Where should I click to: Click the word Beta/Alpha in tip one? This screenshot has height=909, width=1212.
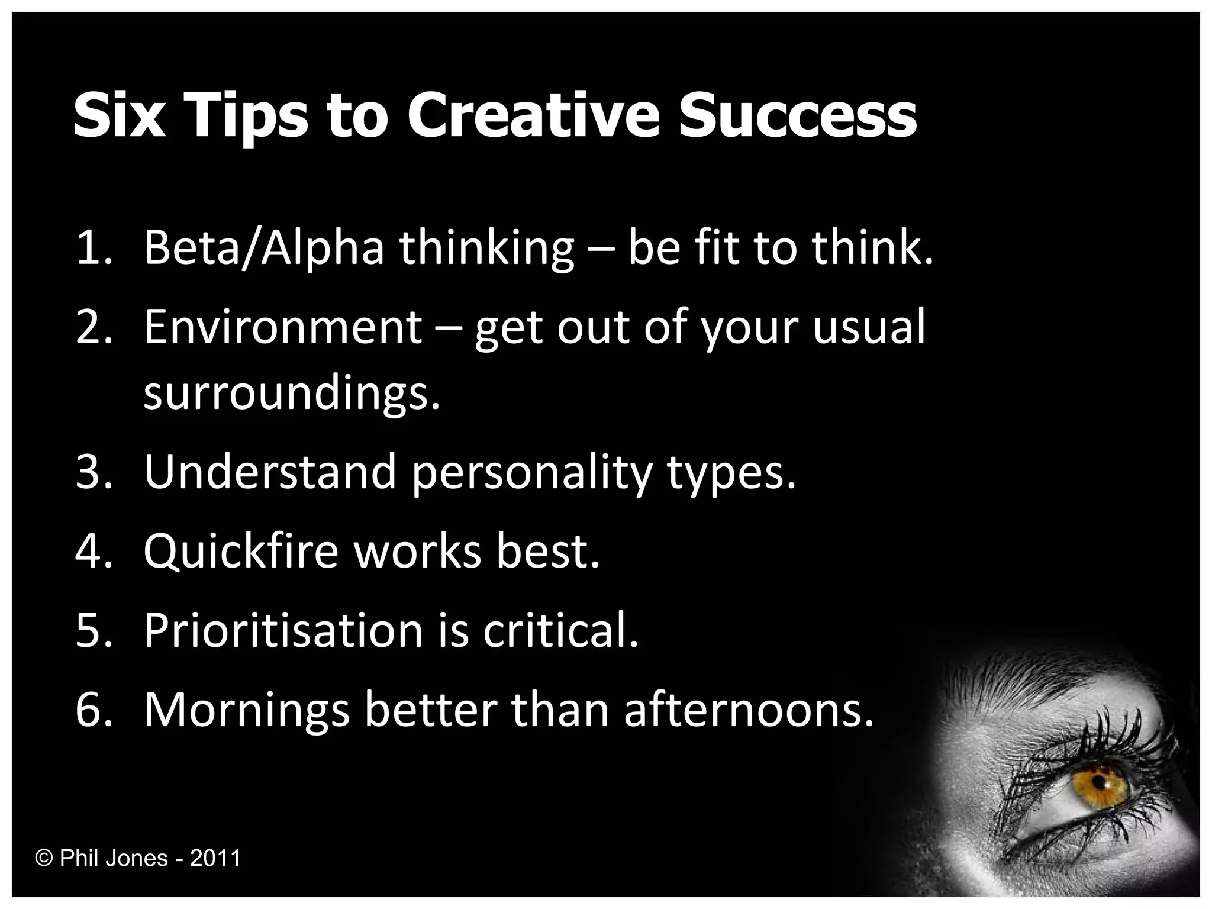coord(264,249)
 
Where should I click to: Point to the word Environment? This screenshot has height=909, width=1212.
coord(283,327)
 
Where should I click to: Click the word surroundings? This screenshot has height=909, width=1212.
coord(292,394)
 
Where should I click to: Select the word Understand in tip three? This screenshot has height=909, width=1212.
coord(269,472)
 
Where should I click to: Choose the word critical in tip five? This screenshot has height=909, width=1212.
coord(561,630)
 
